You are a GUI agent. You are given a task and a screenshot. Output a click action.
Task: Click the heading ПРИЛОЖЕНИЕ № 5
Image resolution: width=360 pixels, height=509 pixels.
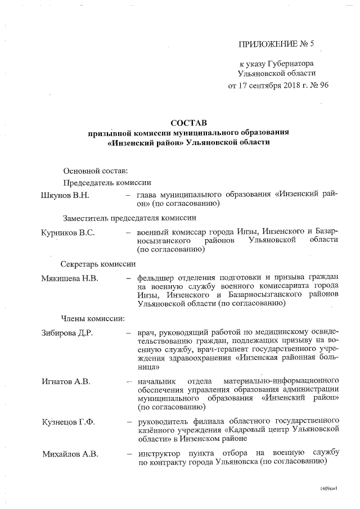pos(276,43)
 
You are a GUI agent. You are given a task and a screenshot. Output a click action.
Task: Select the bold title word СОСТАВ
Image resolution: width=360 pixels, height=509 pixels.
pos(188,122)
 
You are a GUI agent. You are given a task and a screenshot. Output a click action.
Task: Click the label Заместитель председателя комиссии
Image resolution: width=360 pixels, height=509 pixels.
pos(129,218)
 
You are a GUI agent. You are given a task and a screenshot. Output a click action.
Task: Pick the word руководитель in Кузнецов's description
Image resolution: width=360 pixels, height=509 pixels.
pos(163,421)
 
